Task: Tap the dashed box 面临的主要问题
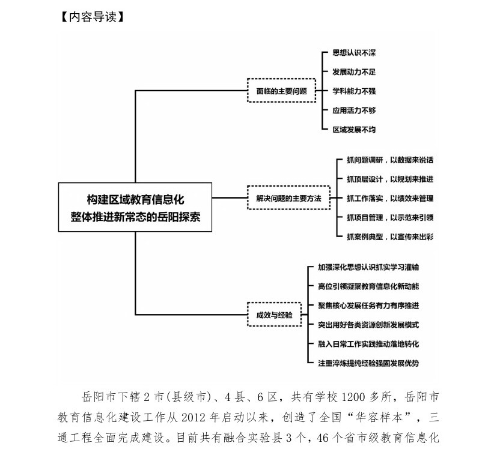pyautogui.click(x=282, y=92)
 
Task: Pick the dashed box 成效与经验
pyautogui.click(x=274, y=315)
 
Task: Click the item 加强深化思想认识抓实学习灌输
pyautogui.click(x=368, y=267)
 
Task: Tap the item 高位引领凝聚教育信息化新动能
pyautogui.click(x=368, y=286)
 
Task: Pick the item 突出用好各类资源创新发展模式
pyautogui.click(x=368, y=325)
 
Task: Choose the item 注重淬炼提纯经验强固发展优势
pyautogui.click(x=368, y=363)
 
